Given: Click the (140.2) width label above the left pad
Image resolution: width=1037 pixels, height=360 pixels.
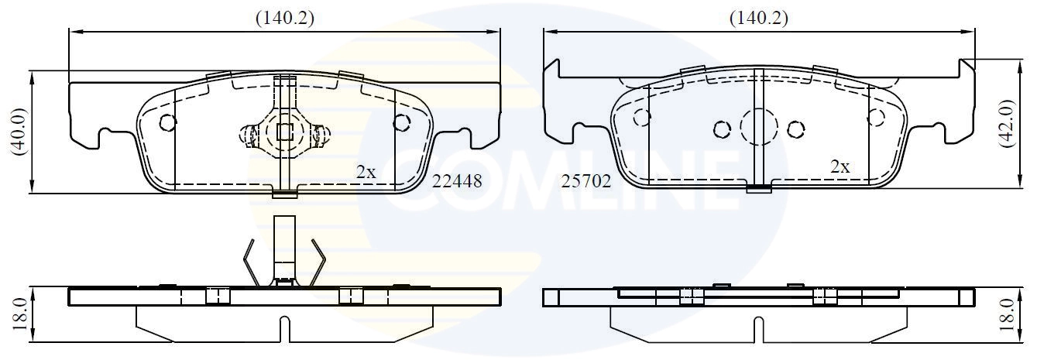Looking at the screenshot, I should click(285, 18).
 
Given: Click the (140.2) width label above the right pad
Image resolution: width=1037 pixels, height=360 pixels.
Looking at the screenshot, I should click(759, 18).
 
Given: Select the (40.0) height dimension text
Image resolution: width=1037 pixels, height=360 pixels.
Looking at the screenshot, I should click(19, 132).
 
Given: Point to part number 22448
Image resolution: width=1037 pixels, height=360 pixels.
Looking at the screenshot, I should click(457, 181).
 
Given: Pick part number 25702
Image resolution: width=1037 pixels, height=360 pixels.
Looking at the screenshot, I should click(586, 181).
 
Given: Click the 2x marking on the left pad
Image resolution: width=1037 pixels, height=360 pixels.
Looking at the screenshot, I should click(366, 173).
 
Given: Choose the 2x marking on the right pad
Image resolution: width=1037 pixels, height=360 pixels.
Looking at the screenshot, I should click(840, 166).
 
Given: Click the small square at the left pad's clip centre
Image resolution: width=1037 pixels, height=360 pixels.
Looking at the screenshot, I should click(285, 132).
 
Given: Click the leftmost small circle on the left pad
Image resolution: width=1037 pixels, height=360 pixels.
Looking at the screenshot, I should click(167, 122).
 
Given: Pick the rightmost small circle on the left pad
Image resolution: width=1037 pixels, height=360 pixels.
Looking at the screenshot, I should click(401, 122).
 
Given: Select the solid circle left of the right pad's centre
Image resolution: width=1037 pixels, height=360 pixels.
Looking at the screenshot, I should click(722, 129).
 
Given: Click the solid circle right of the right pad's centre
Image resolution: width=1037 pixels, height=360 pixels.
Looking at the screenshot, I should click(795, 129).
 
